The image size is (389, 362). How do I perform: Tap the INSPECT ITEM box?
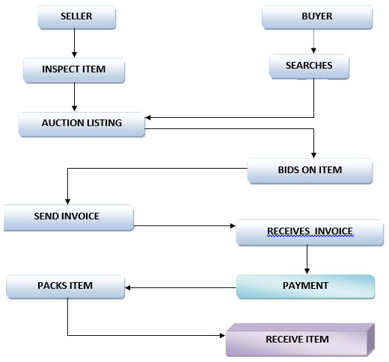(x=73, y=69)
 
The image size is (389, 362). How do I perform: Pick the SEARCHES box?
(x=309, y=66)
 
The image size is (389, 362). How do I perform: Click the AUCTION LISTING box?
(x=82, y=123)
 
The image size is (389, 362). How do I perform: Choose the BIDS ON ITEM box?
(x=309, y=170)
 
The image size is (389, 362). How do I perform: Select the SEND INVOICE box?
(x=67, y=217)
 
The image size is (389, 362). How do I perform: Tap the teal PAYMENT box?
(x=305, y=286)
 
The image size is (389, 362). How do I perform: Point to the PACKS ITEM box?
(x=64, y=286)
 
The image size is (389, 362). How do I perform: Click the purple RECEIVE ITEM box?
(x=297, y=340)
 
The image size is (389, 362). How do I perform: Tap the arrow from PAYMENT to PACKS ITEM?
(x=180, y=286)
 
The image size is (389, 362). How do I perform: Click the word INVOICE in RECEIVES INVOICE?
(x=330, y=232)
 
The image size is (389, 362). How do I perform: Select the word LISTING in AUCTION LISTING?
(x=102, y=123)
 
